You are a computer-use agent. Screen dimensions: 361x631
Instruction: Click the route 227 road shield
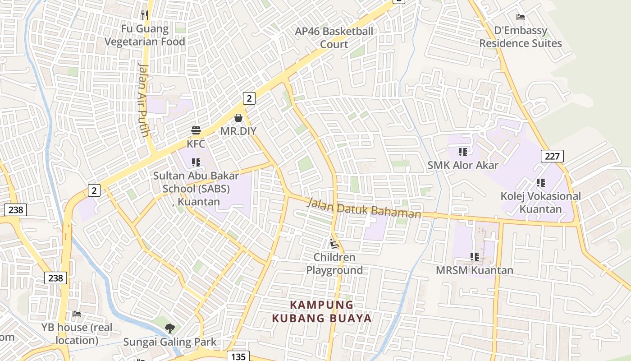tap(552, 157)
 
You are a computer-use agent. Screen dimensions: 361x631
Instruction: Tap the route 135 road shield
tap(238, 356)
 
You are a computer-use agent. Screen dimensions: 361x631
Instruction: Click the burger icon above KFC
tap(196, 131)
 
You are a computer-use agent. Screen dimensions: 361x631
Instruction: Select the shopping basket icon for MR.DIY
tap(238, 118)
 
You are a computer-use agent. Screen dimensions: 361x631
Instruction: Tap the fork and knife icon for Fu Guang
tap(145, 15)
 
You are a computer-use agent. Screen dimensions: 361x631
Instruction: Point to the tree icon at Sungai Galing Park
tap(170, 329)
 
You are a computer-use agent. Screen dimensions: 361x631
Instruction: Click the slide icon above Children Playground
tap(334, 244)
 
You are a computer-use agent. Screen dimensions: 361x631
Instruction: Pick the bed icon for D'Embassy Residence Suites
tap(521, 17)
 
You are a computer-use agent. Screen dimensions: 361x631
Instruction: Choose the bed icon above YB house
tap(77, 314)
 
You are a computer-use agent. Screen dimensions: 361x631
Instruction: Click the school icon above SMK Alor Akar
tap(463, 152)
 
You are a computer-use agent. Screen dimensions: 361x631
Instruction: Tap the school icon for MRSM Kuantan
tap(475, 257)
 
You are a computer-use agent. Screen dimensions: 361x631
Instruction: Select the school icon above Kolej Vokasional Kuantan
tap(541, 183)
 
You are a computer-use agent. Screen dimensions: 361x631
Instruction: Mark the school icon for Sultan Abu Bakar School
tap(196, 162)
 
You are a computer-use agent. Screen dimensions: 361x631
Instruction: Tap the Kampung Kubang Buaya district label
tap(322, 311)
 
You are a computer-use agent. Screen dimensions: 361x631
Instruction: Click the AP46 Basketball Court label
tap(334, 37)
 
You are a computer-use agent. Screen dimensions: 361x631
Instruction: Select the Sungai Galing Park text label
tap(170, 342)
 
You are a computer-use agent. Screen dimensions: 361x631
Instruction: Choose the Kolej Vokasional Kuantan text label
tap(541, 203)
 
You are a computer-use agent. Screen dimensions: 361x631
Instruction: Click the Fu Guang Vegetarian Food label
tap(145, 35)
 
